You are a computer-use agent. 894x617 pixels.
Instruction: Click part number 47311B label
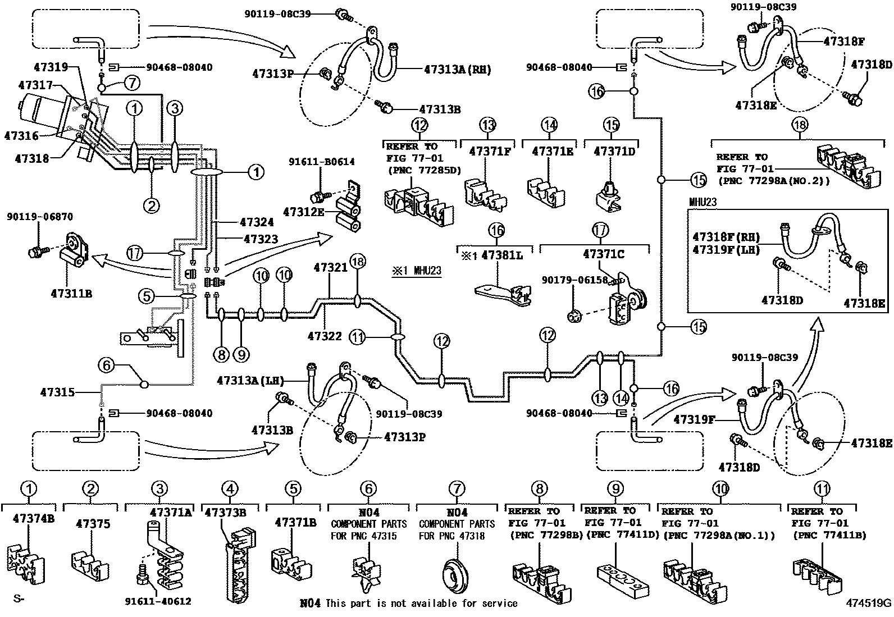(71, 293)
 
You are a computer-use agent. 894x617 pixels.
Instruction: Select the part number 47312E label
(303, 212)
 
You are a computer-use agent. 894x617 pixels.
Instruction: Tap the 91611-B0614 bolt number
(322, 162)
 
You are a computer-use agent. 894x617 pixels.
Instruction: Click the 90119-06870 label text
(39, 217)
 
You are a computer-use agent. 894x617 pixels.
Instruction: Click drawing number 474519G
(869, 604)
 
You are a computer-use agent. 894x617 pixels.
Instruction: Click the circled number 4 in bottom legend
(229, 489)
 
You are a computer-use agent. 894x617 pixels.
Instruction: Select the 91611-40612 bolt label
(158, 601)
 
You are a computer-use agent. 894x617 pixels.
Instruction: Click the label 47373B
(226, 513)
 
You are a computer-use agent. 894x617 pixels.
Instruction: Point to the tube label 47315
(57, 392)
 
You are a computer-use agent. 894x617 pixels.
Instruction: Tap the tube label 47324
(259, 222)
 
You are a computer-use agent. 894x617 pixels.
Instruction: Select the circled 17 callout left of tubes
(133, 253)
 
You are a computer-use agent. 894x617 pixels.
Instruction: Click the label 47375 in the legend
(93, 524)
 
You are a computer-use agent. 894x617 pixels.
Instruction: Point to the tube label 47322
(325, 336)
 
